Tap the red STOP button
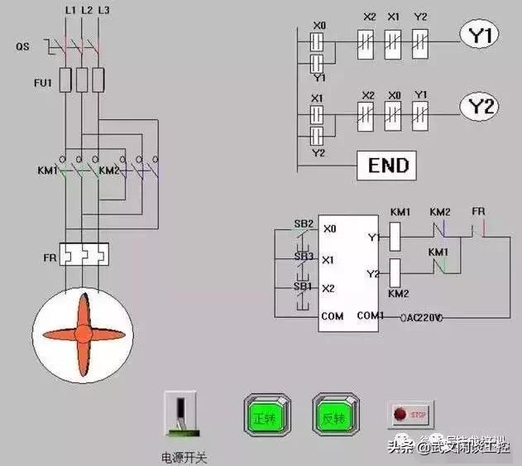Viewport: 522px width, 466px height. (x=409, y=413)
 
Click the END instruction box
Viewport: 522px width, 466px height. (x=386, y=166)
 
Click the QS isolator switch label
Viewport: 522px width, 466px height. (x=23, y=47)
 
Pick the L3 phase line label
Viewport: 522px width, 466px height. (x=103, y=10)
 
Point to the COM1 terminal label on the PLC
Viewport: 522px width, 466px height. (x=370, y=316)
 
